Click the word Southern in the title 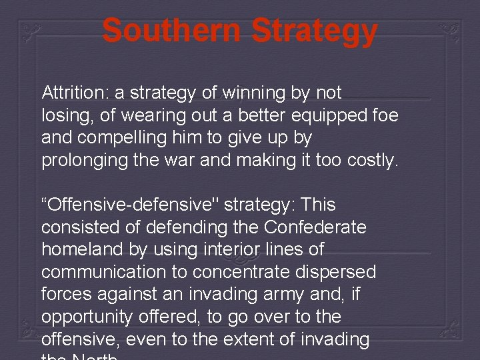pyautogui.click(x=171, y=31)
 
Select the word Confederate pyautogui.click(x=315, y=227)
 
